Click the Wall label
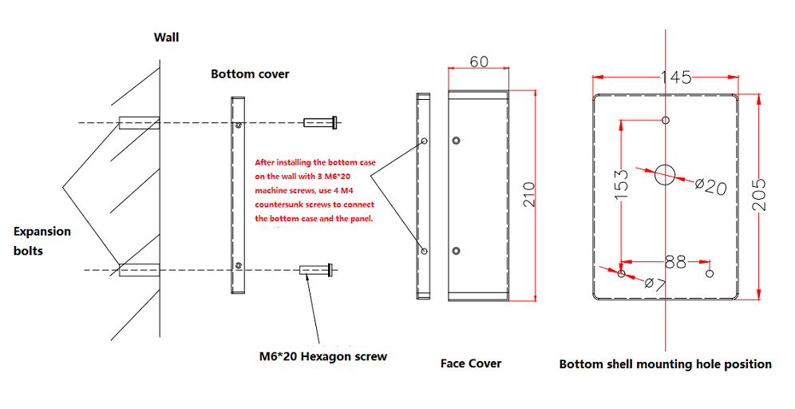point(166,37)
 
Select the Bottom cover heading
point(250,73)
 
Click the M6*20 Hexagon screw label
point(322,356)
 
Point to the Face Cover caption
point(471,363)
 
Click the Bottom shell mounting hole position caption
point(665,364)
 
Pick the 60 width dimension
point(479,62)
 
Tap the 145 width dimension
point(675,77)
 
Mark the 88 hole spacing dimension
point(674,260)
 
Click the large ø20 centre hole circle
point(665,174)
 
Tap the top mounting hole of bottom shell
point(666,121)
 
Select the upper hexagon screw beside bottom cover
point(322,122)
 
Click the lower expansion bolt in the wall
point(138,271)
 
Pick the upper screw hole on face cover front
point(455,141)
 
